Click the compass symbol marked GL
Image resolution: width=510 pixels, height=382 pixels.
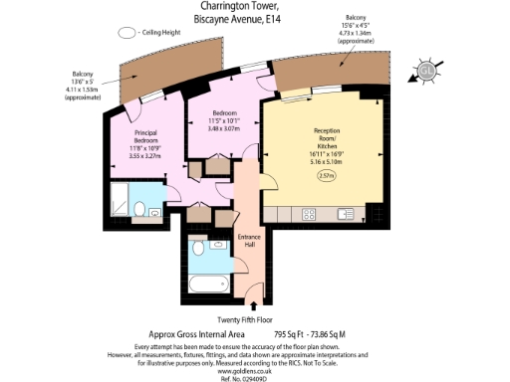click(x=426, y=71)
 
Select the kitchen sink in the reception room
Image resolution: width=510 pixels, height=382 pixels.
click(x=346, y=213)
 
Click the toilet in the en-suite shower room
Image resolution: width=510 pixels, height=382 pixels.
click(x=141, y=208)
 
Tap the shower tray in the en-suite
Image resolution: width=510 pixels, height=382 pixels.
click(x=121, y=202)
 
